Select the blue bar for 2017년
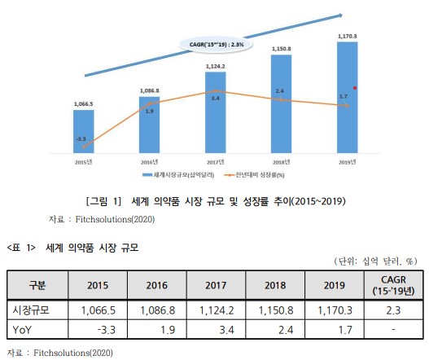pyautogui.click(x=215, y=114)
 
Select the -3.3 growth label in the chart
pyautogui.click(x=82, y=140)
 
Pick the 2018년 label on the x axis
pyautogui.click(x=281, y=162)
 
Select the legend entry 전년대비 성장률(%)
pyautogui.click(x=260, y=174)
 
